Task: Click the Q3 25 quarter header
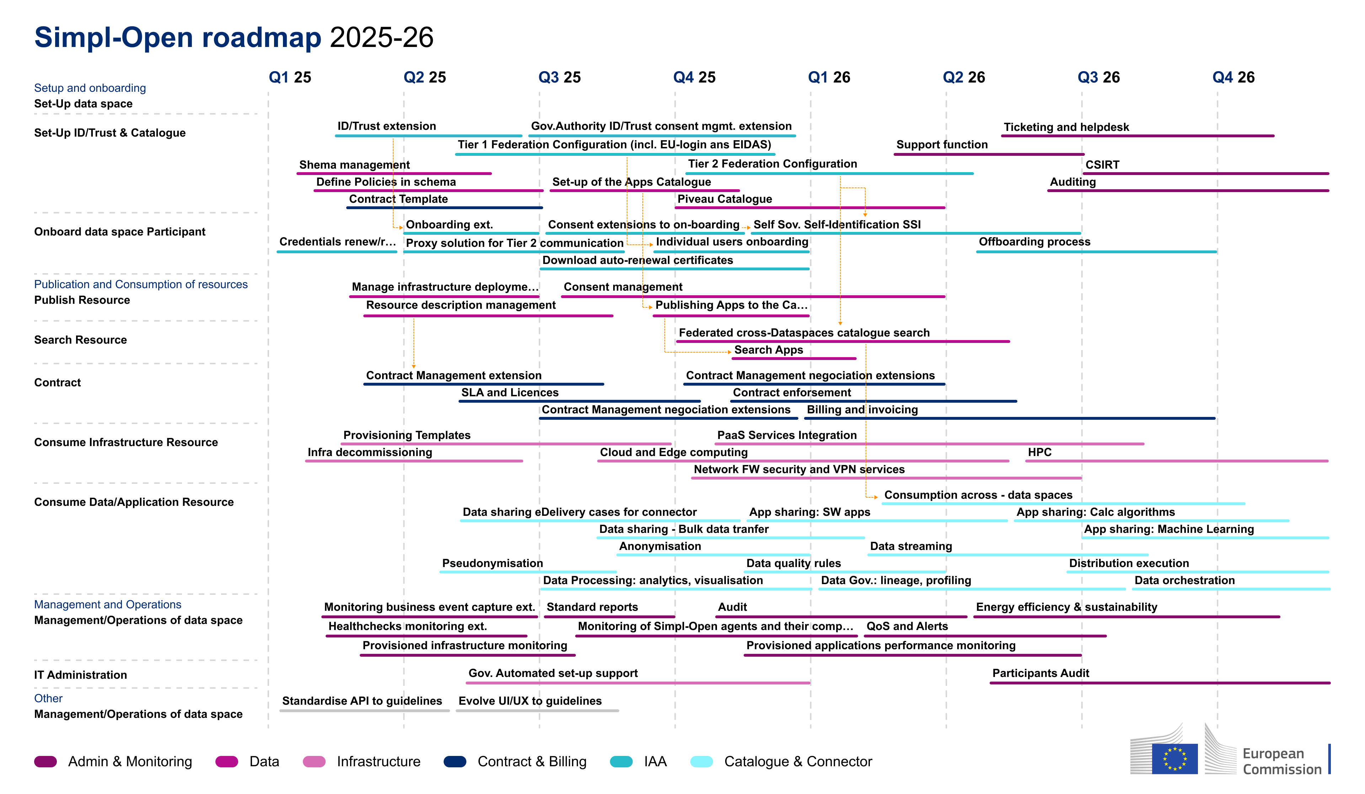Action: [559, 78]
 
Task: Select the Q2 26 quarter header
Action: [964, 78]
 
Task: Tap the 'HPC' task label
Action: [1039, 452]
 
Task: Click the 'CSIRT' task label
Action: [1102, 165]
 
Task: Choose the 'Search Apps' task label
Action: [768, 350]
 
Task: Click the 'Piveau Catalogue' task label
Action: [724, 199]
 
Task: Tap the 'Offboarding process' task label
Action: [1034, 242]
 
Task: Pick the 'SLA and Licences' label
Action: [509, 392]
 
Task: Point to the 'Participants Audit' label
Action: [1040, 673]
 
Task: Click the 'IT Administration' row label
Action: [80, 675]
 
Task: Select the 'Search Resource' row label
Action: [80, 340]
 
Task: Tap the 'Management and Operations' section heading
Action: [107, 604]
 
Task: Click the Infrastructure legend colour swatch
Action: [314, 762]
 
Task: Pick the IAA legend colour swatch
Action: [621, 762]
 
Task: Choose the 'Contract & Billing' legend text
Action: [531, 762]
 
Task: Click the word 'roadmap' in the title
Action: [261, 37]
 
